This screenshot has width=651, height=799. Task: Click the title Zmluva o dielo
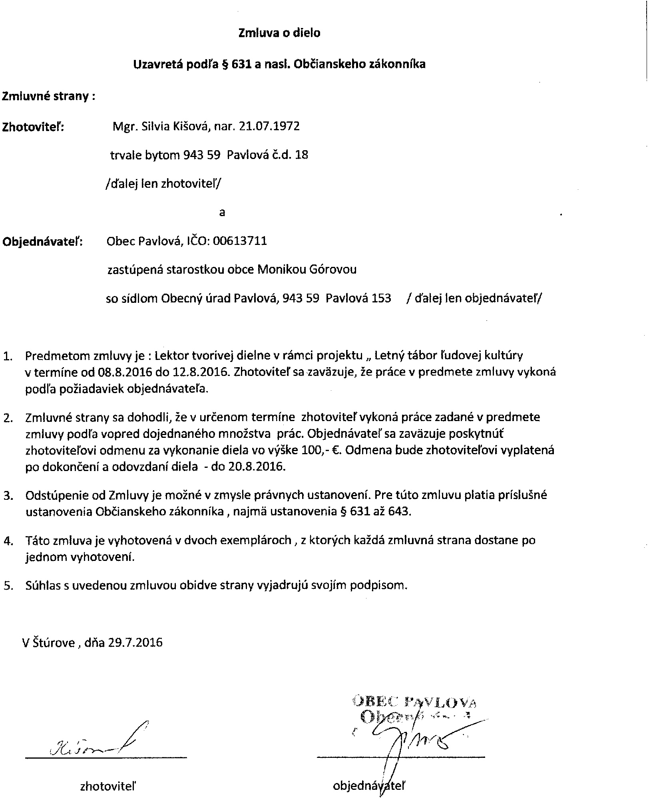point(279,33)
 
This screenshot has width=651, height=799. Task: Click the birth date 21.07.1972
point(269,127)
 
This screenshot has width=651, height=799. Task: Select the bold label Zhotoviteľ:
point(34,127)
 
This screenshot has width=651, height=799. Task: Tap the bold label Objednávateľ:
point(42,242)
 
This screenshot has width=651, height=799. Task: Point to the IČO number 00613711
point(240,241)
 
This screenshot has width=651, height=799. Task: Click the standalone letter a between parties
point(222,213)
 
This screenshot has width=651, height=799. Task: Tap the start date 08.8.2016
point(123,372)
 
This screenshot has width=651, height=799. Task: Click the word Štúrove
point(54,643)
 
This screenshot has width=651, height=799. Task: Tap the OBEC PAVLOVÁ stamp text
point(414,702)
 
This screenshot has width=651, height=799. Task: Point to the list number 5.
point(8,586)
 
